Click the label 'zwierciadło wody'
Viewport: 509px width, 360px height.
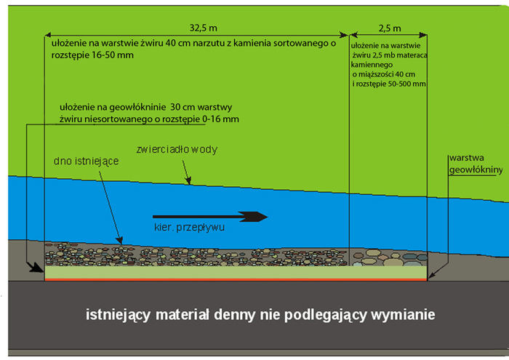point(177,150)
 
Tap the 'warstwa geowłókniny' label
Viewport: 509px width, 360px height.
point(476,163)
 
